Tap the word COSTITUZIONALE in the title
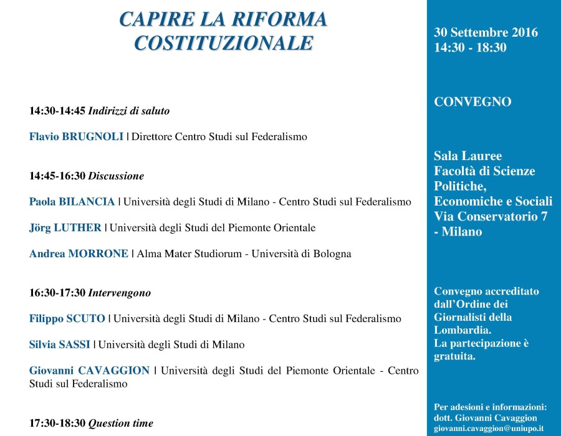(x=223, y=42)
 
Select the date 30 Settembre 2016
(x=486, y=32)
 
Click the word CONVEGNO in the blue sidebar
(x=472, y=102)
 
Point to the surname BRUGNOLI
(x=93, y=136)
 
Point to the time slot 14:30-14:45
(x=57, y=111)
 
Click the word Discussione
(x=116, y=176)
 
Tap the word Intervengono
(x=120, y=293)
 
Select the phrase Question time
(x=120, y=424)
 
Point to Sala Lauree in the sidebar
(x=467, y=156)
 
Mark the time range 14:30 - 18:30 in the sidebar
(x=470, y=47)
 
